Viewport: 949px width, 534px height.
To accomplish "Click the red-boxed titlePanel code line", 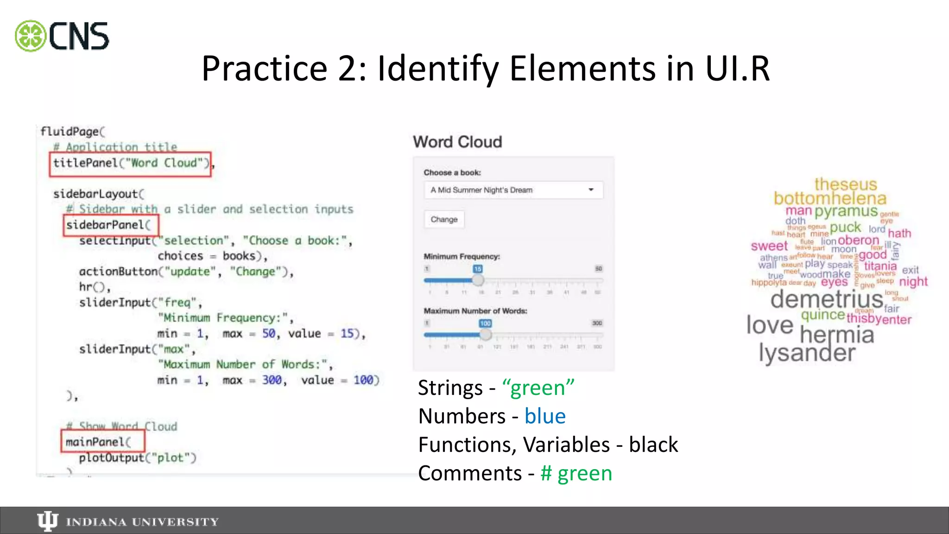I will (130, 164).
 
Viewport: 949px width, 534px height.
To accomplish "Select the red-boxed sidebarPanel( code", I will (111, 225).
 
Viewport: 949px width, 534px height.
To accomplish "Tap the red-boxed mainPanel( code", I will (102, 441).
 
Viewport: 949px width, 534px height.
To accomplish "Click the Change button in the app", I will (444, 219).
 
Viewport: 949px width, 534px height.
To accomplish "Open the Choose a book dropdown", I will (513, 190).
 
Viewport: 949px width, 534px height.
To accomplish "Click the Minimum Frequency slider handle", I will (478, 280).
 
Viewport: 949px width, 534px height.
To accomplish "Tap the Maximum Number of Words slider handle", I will (485, 334).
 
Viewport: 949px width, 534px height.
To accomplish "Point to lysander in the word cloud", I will (807, 353).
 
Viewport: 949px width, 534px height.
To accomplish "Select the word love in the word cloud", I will (770, 325).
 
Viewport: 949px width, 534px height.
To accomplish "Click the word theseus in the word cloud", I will (846, 184).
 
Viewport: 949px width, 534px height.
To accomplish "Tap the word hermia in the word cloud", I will (837, 335).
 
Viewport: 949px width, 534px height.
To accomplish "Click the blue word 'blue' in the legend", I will (545, 416).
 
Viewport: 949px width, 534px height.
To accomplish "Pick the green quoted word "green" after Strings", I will (538, 388).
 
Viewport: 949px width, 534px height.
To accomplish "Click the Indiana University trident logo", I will (47, 521).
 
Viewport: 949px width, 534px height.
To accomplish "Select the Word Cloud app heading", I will (457, 142).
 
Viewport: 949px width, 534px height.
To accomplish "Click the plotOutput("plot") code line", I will (138, 458).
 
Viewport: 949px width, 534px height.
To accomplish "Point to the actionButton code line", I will (186, 272).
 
